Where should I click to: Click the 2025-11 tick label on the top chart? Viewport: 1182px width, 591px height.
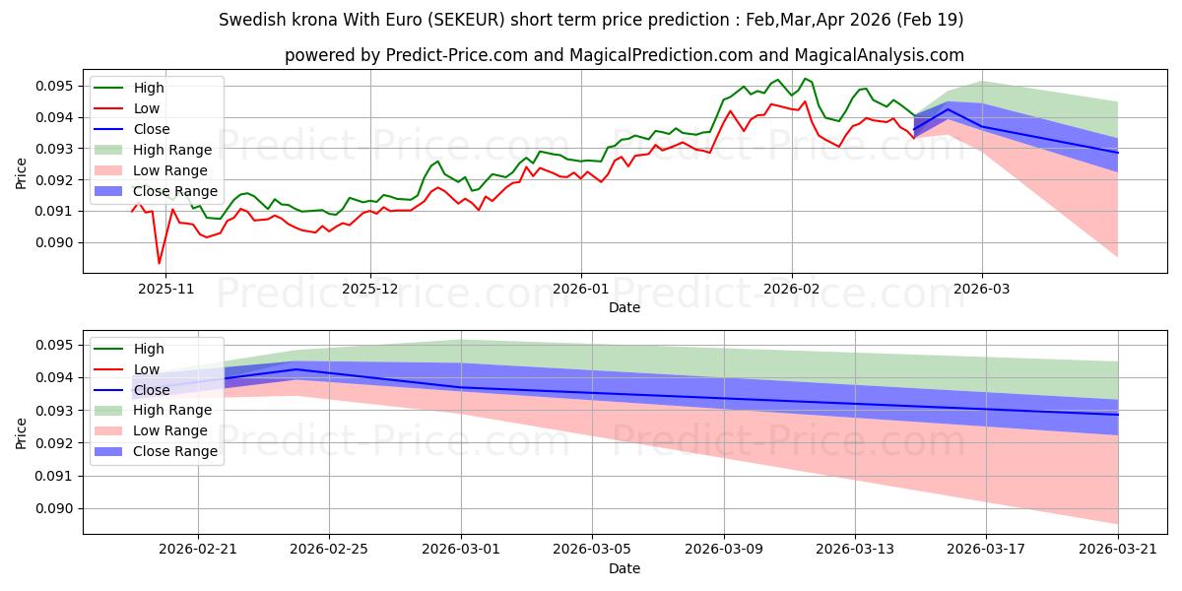[165, 290]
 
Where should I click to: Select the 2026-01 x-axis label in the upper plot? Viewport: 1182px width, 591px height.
[581, 290]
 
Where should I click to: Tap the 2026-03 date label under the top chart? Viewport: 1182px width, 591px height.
[981, 290]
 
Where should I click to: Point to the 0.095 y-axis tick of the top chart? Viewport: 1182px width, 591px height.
[55, 86]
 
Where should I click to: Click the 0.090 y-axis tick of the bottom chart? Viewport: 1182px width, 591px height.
[55, 508]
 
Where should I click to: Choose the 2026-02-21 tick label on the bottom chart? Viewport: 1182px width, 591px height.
[198, 550]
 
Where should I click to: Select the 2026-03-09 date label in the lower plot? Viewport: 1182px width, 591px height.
[723, 550]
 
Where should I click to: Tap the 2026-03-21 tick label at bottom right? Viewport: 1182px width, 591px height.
[1118, 550]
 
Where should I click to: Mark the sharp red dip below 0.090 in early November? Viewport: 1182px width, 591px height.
[159, 263]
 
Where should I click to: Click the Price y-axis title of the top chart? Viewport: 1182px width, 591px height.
[21, 173]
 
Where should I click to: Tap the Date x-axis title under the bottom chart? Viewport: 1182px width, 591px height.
[624, 568]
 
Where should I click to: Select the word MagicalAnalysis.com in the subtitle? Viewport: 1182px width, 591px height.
[879, 55]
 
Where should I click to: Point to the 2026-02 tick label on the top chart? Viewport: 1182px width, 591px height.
[792, 290]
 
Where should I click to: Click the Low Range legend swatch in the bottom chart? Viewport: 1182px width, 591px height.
[108, 430]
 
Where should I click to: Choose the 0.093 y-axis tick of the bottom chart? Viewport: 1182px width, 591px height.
[55, 411]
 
